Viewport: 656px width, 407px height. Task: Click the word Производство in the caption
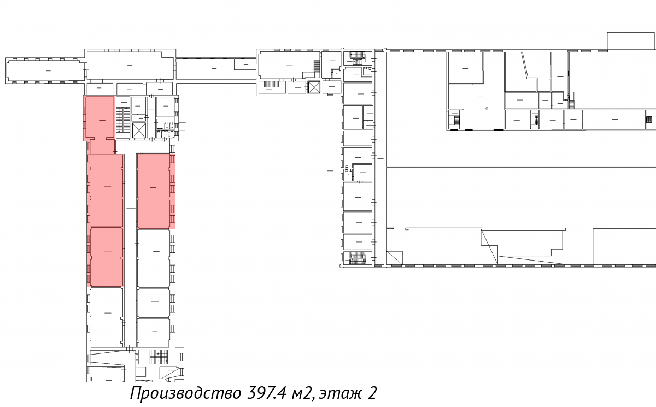[186, 393]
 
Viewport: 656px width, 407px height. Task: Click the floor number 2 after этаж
[371, 393]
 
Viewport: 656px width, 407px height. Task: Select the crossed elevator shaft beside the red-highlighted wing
[139, 131]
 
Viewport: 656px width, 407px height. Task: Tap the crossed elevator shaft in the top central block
[314, 87]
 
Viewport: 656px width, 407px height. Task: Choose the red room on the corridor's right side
[154, 191]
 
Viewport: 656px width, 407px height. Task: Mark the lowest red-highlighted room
[107, 257]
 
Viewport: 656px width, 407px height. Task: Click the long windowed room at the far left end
[46, 70]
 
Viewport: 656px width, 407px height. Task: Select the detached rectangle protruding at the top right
[631, 42]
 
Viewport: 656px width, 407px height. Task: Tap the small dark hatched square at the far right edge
[649, 120]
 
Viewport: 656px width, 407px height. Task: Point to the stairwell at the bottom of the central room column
[358, 258]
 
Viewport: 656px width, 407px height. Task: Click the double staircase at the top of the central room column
[358, 58]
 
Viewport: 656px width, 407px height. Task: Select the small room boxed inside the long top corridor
[245, 64]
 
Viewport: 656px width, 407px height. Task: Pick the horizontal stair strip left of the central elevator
[272, 84]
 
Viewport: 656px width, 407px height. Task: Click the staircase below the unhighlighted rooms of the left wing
[159, 357]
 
